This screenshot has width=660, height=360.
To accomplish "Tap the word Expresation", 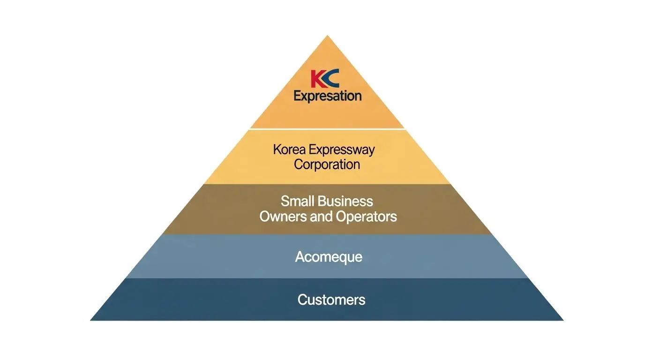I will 327,96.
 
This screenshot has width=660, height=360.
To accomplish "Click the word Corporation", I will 327,165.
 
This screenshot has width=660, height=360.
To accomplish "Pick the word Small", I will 297,201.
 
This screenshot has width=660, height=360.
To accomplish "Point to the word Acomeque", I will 329,257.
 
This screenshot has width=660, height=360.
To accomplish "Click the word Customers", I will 331,300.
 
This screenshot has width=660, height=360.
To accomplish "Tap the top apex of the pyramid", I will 327,36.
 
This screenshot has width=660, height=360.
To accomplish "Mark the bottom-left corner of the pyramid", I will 91,320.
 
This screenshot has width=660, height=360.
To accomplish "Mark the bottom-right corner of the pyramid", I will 562,320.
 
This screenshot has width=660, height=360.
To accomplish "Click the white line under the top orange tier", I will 327,128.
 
